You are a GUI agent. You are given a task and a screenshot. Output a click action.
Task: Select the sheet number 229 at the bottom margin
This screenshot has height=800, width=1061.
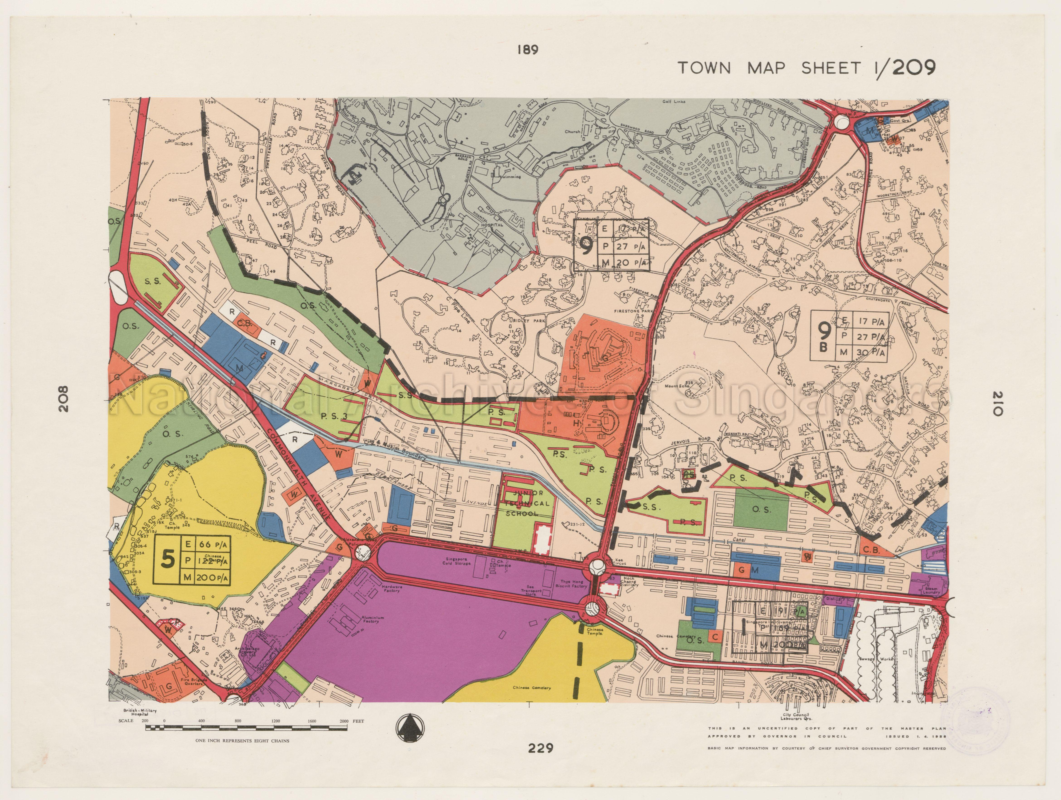[541, 748]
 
